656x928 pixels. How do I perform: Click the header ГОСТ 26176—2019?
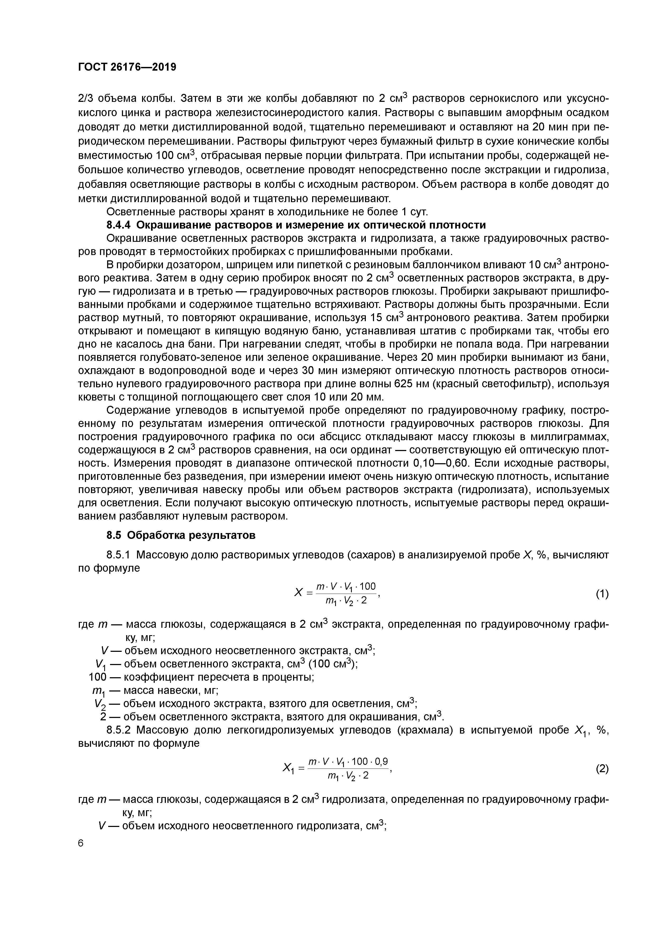[127, 67]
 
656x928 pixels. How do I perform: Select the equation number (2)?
[602, 769]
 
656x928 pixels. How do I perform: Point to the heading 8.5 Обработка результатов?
[181, 535]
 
